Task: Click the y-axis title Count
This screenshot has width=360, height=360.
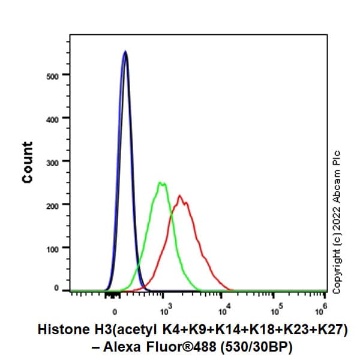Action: (x=28, y=162)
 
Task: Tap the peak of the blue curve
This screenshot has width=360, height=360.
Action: (x=125, y=52)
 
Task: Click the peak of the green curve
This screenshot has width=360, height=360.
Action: (x=161, y=182)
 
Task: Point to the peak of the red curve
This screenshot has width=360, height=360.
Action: (x=179, y=195)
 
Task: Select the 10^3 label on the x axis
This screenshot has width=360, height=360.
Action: (x=166, y=310)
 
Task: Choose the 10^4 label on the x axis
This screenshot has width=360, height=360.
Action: (x=222, y=310)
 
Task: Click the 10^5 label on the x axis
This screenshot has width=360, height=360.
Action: (x=274, y=310)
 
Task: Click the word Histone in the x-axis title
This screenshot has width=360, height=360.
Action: (x=62, y=329)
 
